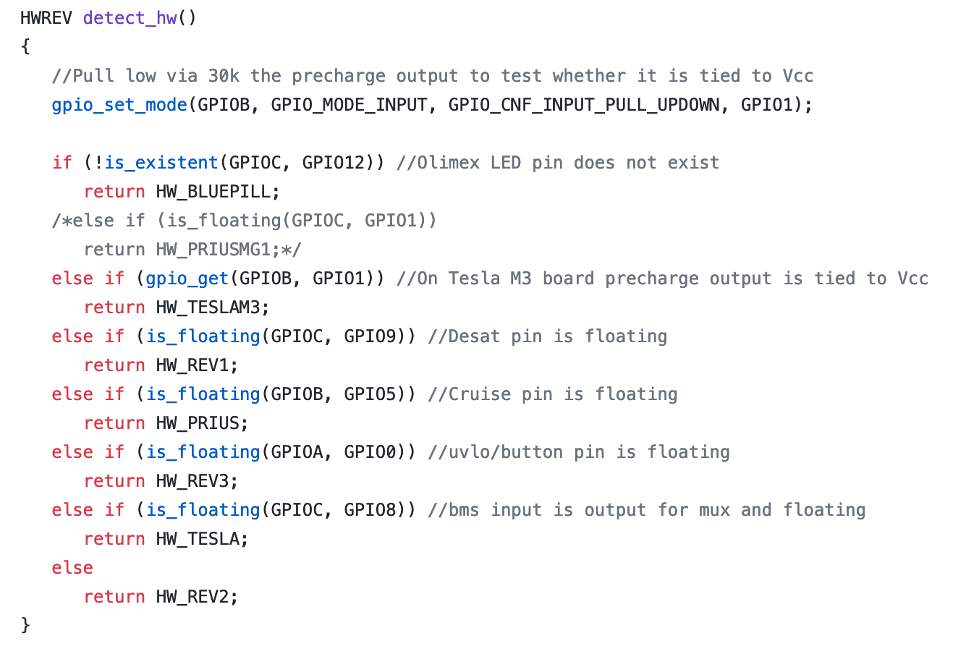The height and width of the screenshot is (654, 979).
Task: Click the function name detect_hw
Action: point(130,18)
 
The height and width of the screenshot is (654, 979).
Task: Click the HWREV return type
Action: point(46,18)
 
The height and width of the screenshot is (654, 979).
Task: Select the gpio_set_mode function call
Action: point(119,105)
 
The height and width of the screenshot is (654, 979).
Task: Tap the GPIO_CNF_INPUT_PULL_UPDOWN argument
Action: point(584,105)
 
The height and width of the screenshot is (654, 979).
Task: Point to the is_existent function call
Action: point(161,163)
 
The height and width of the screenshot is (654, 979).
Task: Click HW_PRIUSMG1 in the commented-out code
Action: point(213,250)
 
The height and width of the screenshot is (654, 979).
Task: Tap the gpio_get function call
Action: point(187,279)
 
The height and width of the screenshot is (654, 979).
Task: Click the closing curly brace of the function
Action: point(26,624)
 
